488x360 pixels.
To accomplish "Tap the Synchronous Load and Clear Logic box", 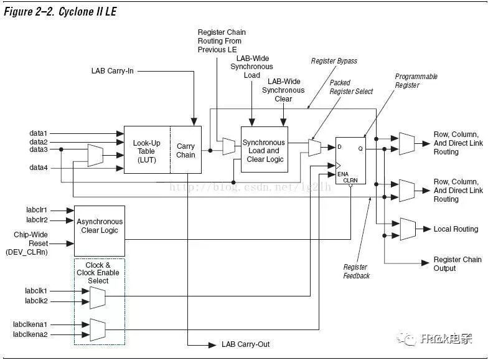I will [x=264, y=150].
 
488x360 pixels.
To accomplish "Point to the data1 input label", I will [x=39, y=133].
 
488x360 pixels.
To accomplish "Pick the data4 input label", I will [x=39, y=168].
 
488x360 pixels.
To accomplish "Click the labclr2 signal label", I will [x=37, y=220].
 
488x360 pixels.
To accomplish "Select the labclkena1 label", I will [x=30, y=324].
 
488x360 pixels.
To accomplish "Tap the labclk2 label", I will [x=36, y=301].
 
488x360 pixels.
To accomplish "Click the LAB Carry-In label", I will [x=112, y=71].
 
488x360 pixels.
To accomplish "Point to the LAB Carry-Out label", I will [x=246, y=344].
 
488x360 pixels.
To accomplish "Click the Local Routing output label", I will [x=456, y=229].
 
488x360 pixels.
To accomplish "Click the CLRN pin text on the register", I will [x=351, y=180].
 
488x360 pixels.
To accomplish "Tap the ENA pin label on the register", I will [x=343, y=174].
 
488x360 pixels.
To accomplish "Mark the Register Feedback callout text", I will [x=356, y=272].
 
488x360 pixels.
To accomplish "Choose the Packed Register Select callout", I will [x=351, y=87].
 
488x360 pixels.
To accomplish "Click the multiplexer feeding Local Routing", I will [x=408, y=229].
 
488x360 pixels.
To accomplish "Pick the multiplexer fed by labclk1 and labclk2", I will [x=97, y=297].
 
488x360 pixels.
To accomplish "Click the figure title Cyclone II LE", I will [x=60, y=11].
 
